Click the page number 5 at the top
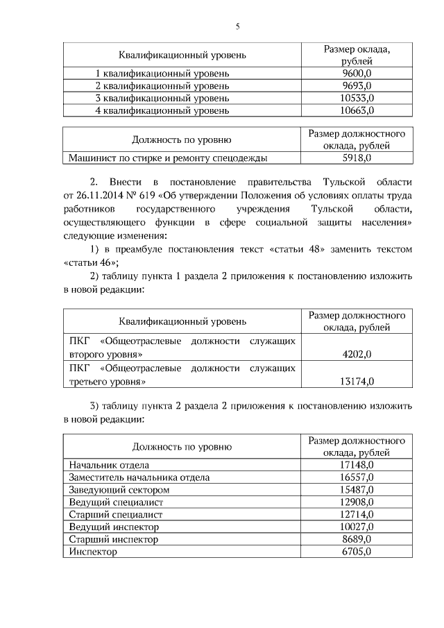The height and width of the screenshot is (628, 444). pyautogui.click(x=237, y=27)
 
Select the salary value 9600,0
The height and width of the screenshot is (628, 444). pyautogui.click(x=357, y=73)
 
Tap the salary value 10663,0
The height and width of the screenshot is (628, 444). pyautogui.click(x=357, y=110)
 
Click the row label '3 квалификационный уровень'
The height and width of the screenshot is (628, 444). pyautogui.click(x=162, y=98)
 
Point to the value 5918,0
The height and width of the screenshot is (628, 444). pyautogui.click(x=357, y=158)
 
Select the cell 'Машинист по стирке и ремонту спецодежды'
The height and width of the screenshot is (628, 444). pyautogui.click(x=168, y=158)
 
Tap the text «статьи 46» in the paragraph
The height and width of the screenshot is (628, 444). pyautogui.click(x=90, y=262)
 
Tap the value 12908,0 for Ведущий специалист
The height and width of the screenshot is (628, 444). pyautogui.click(x=357, y=502)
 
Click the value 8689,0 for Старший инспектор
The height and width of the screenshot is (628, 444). pyautogui.click(x=357, y=539)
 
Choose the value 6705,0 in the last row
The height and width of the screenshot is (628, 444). pyautogui.click(x=357, y=552)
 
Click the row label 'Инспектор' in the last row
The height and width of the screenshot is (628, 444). pyautogui.click(x=93, y=552)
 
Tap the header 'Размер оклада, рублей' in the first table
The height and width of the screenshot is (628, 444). pyautogui.click(x=357, y=55)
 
